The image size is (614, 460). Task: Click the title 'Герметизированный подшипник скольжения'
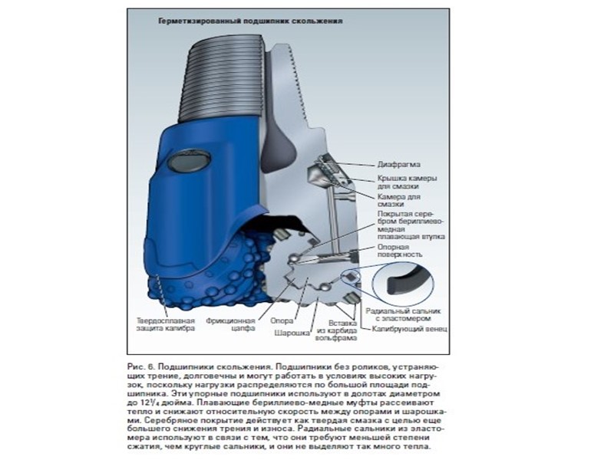pyautogui.click(x=250, y=21)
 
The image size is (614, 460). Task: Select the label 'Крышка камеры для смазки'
pyautogui.click(x=408, y=182)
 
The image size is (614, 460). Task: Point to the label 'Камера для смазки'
pyautogui.click(x=397, y=201)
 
